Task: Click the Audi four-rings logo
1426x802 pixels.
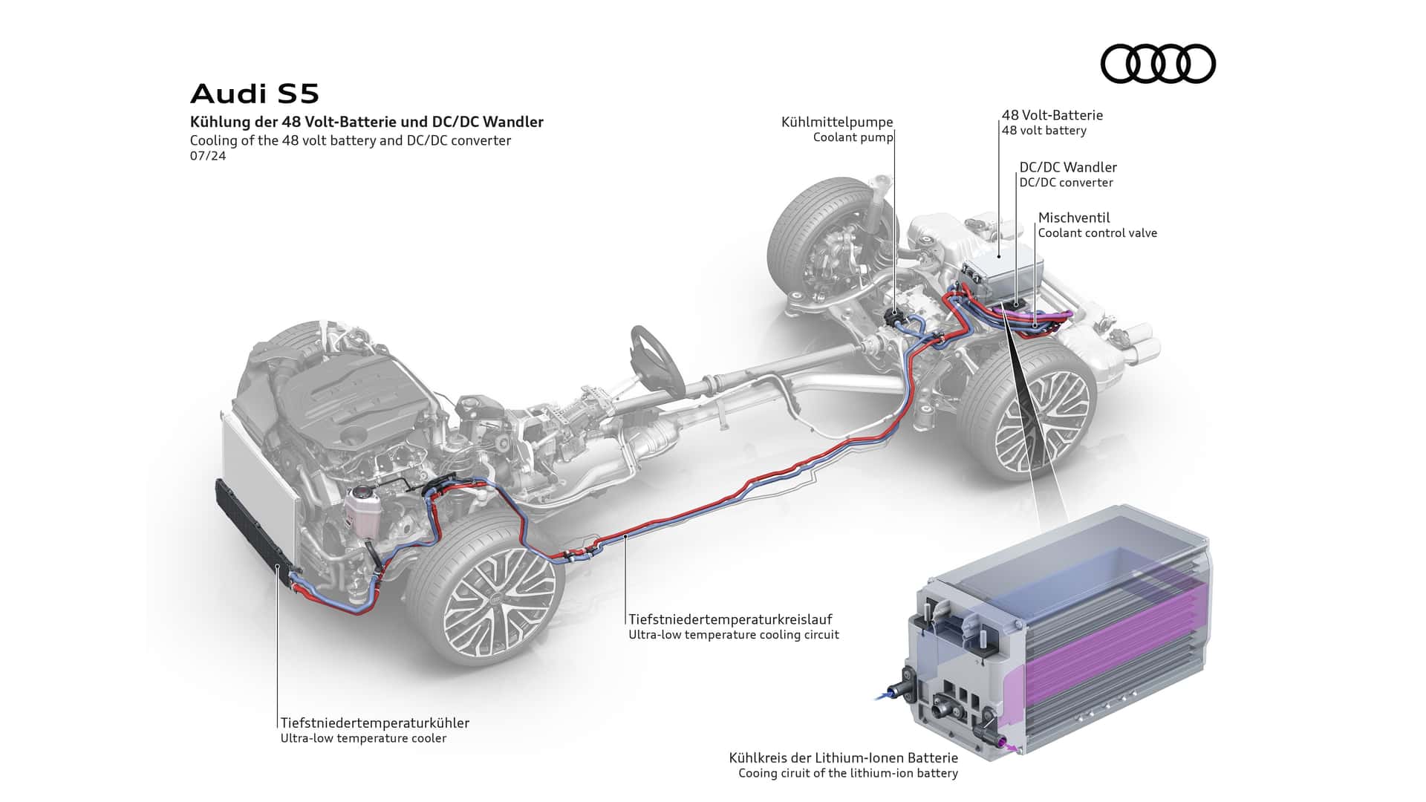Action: (1157, 63)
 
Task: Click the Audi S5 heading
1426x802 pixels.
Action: (255, 94)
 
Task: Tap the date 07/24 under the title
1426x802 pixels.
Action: (208, 156)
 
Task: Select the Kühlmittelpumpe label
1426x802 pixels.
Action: (837, 123)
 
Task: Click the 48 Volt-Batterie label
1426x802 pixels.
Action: (1052, 115)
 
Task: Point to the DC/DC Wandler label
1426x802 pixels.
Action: (1067, 168)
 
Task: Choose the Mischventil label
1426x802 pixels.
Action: (1074, 218)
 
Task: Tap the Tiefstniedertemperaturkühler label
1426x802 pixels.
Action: (375, 723)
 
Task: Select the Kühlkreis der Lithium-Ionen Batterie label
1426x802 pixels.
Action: (843, 758)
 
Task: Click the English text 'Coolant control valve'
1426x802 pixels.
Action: (1097, 233)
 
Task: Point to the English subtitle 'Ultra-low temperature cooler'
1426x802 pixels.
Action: (363, 738)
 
